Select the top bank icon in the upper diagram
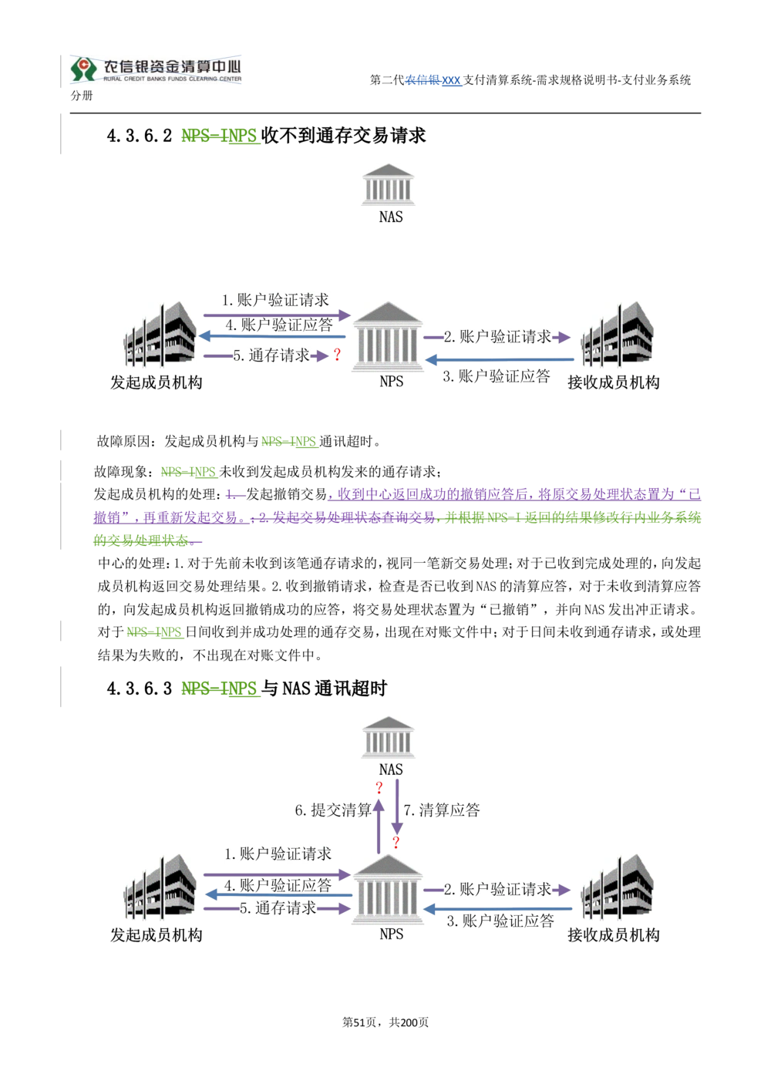click(x=390, y=186)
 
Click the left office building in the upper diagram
click(x=158, y=335)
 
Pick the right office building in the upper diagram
click(x=617, y=335)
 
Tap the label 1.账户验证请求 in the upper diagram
click(x=275, y=300)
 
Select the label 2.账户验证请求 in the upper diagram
click(x=497, y=337)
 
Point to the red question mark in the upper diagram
click(x=337, y=355)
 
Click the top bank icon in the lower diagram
click(x=390, y=740)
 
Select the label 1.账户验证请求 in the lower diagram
click(x=278, y=854)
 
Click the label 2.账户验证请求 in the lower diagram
click(x=497, y=889)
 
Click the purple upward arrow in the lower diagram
click(x=379, y=817)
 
